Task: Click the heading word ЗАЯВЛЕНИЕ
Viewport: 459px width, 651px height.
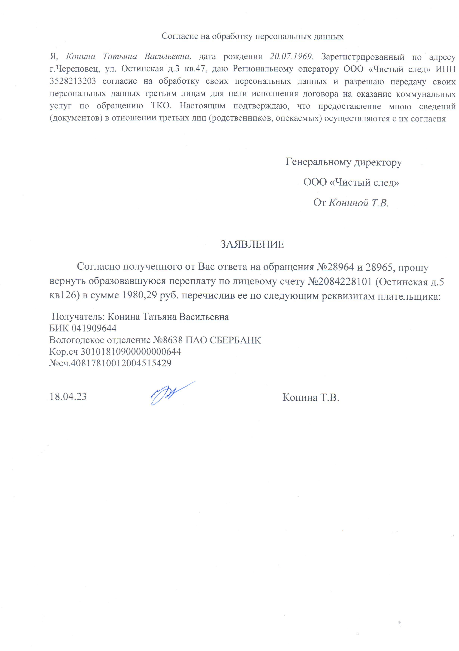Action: (x=252, y=244)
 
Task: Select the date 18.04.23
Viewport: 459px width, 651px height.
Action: (x=68, y=396)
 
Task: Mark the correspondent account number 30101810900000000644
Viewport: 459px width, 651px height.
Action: (x=131, y=352)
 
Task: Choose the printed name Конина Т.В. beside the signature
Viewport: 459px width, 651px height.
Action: (x=311, y=397)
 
